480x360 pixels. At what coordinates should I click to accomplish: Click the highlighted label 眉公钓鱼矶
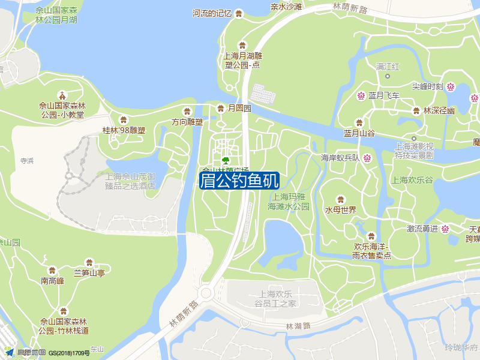[x=239, y=180]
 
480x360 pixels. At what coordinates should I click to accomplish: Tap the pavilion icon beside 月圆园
[x=220, y=108]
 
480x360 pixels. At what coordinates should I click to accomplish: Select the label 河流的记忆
[x=212, y=13]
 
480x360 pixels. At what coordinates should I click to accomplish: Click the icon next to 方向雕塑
[x=187, y=110]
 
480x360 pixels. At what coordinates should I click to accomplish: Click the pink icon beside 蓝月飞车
[x=362, y=95]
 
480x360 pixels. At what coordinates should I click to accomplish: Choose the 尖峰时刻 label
[x=427, y=86]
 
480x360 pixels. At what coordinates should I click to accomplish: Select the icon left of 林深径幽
[x=416, y=110]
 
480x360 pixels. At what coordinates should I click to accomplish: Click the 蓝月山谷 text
[x=359, y=133]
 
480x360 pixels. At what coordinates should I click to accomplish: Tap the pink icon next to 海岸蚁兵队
[x=367, y=158]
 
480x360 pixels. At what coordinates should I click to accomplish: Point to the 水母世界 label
[x=341, y=210]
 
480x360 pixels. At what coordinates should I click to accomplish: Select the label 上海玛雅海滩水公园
[x=288, y=201]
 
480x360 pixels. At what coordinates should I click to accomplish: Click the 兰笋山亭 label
[x=89, y=274]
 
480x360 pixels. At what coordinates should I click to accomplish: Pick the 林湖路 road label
[x=298, y=326]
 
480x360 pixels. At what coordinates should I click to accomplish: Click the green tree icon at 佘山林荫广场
[x=226, y=160]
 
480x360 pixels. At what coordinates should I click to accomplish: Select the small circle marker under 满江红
[x=388, y=76]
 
